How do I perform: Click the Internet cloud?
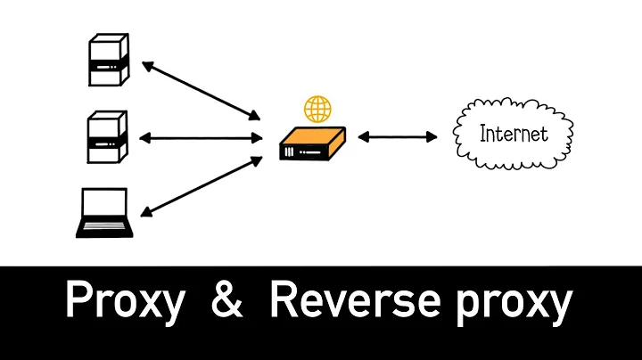pos(512,135)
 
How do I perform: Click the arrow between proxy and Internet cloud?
pos(398,137)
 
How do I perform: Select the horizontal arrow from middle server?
pos(201,138)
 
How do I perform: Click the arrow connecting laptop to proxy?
pos(201,186)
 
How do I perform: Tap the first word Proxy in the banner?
pos(124,303)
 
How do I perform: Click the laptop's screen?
pos(103,205)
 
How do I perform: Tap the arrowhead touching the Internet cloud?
pos(432,137)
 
